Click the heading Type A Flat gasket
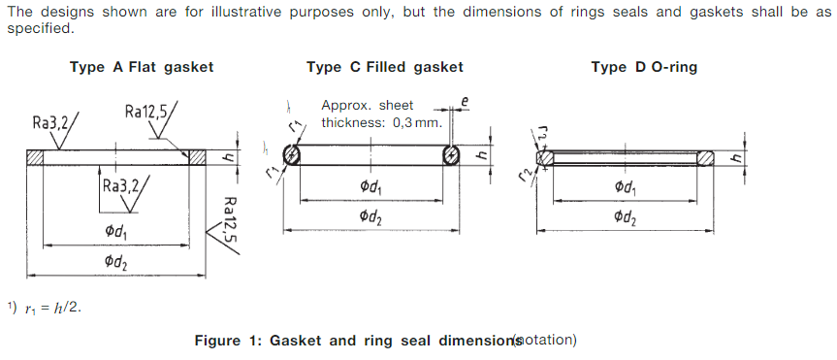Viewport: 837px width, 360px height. click(x=142, y=67)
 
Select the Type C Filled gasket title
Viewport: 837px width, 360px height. click(x=384, y=67)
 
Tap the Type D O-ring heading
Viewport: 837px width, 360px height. click(x=644, y=67)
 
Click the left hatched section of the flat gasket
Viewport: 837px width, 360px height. click(x=37, y=157)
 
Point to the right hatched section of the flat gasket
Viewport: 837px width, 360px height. click(x=198, y=157)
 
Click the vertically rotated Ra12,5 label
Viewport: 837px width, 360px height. click(x=229, y=219)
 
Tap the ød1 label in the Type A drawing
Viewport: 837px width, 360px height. click(x=116, y=232)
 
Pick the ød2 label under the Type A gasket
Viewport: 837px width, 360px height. click(x=116, y=263)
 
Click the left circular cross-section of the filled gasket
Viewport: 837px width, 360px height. click(x=293, y=157)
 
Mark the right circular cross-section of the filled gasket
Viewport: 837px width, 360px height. click(x=451, y=157)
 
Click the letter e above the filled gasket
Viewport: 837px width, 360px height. click(x=465, y=100)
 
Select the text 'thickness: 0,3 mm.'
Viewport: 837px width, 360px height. click(x=382, y=122)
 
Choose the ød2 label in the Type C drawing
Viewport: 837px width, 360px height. click(x=370, y=217)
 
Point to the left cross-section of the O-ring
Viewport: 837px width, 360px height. click(x=545, y=157)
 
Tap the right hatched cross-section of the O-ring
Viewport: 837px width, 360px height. click(x=706, y=157)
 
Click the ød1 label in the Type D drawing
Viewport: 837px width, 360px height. click(x=626, y=187)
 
